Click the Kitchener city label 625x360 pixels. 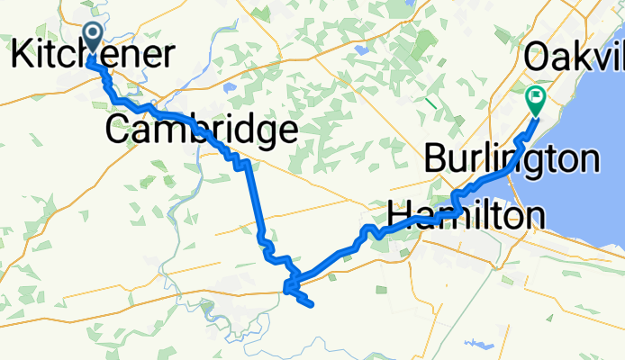[93, 56]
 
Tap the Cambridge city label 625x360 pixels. [201, 130]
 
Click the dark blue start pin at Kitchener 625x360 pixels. [93, 38]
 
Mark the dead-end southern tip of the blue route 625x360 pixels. [312, 306]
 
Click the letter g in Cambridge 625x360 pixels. [264, 134]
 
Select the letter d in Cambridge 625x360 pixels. [241, 130]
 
